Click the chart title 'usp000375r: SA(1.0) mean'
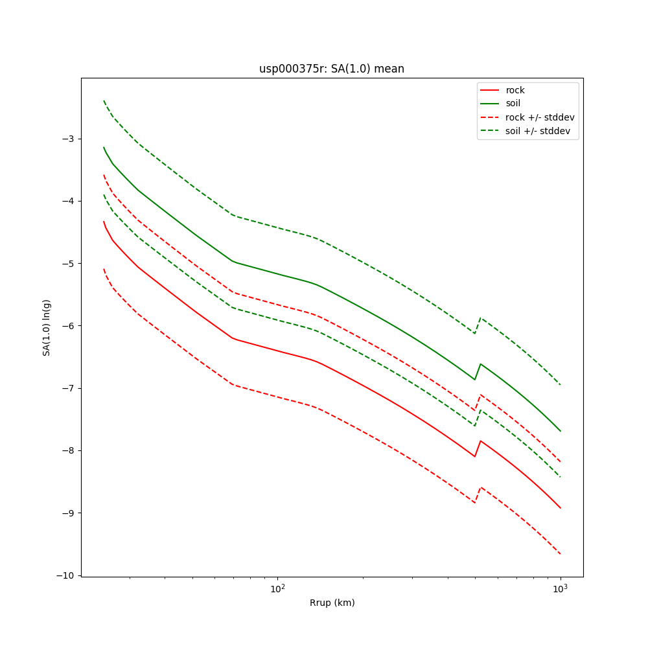tap(332, 69)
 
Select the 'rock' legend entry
tap(515, 90)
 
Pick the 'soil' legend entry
tap(513, 104)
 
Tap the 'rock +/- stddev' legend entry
tap(540, 117)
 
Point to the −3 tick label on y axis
tap(67, 139)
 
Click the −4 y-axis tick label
tap(67, 201)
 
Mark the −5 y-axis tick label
tap(67, 264)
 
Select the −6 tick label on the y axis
tap(67, 326)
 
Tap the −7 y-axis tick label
tap(67, 388)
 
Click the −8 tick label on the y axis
tap(67, 450)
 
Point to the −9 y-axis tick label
tap(67, 513)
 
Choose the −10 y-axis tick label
tap(65, 575)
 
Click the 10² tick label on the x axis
tap(277, 588)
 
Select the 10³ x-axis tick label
tap(560, 588)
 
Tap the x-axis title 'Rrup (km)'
tap(332, 603)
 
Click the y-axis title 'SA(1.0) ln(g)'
tap(47, 327)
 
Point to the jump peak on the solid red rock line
tap(480, 441)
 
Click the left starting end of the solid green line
tap(104, 147)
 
